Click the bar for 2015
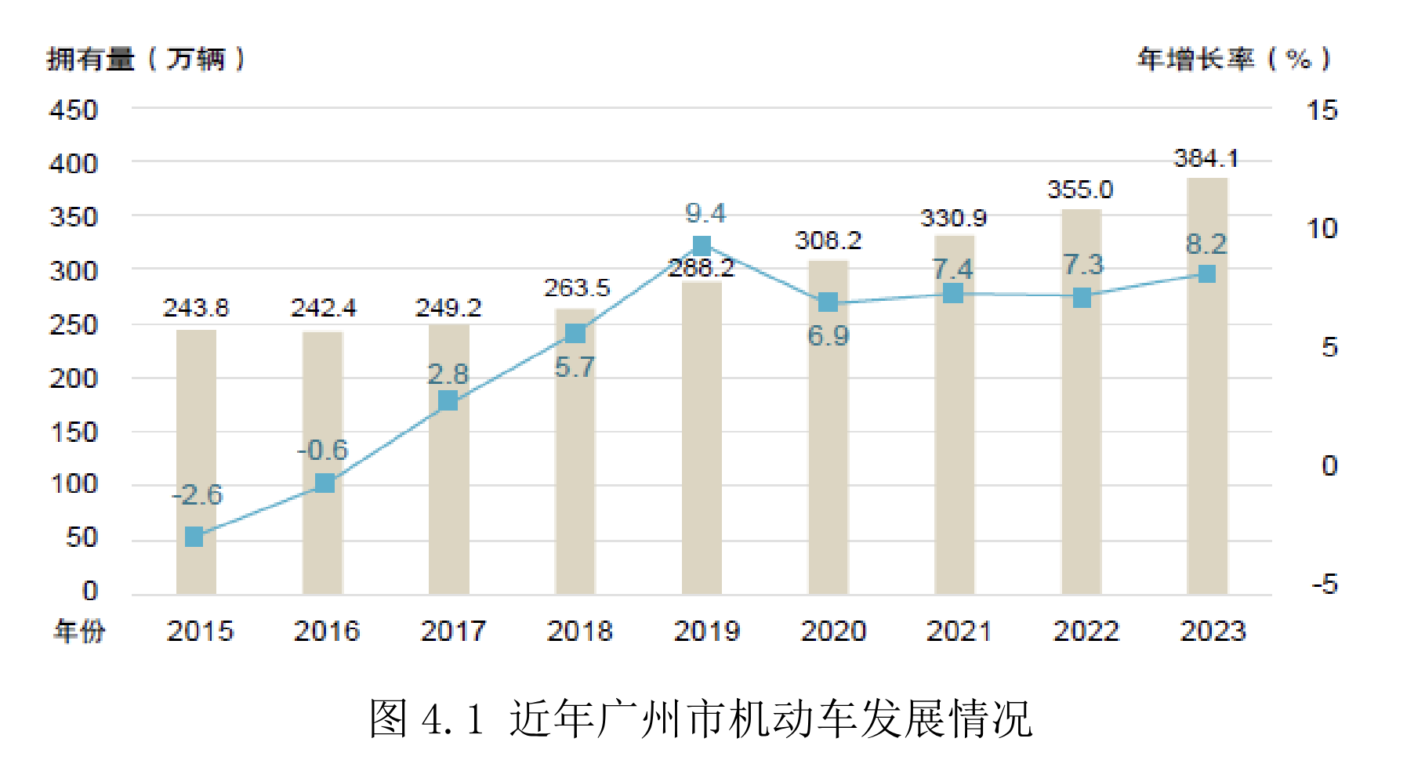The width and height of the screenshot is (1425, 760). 196,462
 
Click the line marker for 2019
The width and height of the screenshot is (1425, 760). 702,246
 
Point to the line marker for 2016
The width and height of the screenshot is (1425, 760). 325,483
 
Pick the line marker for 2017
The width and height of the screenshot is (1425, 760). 448,400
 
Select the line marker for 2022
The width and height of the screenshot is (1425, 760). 1082,298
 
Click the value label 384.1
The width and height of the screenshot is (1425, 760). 1206,159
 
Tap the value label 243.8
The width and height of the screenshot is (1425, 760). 196,308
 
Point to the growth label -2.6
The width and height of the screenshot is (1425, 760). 198,494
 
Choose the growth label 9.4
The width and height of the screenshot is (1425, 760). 705,212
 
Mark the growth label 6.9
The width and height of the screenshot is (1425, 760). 829,336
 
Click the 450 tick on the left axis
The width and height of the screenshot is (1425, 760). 74,110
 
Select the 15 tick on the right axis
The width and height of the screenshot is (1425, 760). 1322,110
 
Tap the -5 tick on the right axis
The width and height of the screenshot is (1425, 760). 1324,584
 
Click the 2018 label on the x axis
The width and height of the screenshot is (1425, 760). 579,631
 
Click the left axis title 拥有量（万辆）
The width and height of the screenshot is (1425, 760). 146,59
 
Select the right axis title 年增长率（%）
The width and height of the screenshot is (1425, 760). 1234,59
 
